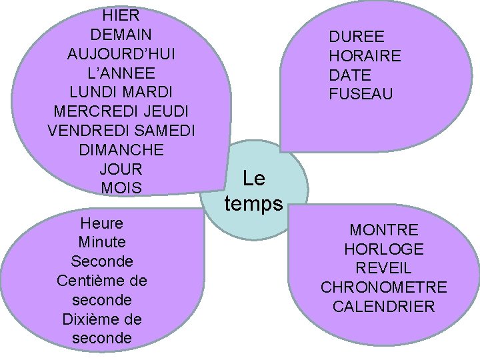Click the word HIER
[121, 15]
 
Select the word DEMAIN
[121, 34]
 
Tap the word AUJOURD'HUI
[121, 53]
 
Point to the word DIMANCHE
[121, 150]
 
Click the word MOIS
[121, 189]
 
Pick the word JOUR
[121, 169]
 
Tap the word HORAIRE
[365, 57]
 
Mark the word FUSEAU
[361, 95]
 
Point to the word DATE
[350, 75]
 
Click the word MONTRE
[384, 230]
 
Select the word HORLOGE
[384, 249]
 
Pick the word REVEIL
[384, 269]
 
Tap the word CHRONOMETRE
[384, 288]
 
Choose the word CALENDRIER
[384, 307]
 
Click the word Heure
[101, 223]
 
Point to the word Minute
[101, 242]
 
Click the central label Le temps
[254, 191]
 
